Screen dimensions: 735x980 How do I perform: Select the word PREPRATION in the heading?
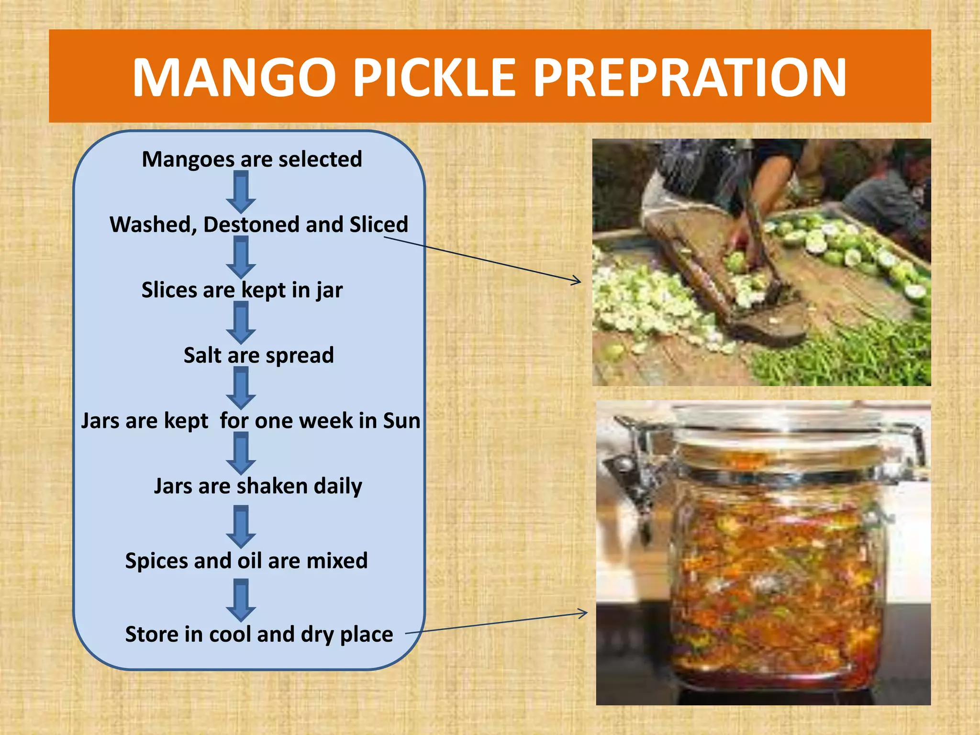click(689, 78)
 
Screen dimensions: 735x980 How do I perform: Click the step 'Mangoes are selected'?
click(252, 159)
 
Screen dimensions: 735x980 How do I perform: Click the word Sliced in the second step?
click(379, 225)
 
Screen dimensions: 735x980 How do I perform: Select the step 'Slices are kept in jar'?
click(242, 290)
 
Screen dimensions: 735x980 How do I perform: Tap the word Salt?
click(202, 356)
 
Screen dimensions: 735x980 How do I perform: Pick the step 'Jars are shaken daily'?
click(258, 486)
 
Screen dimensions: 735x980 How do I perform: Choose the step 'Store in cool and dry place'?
click(259, 635)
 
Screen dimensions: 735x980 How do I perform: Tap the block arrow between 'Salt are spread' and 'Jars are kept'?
click(241, 388)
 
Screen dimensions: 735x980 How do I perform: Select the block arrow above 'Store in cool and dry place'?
click(241, 601)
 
